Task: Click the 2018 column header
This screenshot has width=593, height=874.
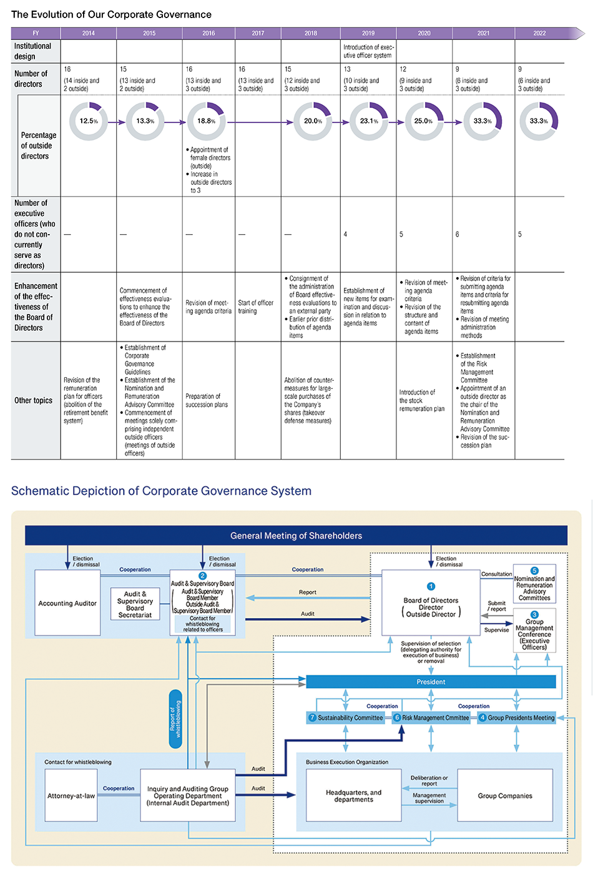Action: pos(311,33)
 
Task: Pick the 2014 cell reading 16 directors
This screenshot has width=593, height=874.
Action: pos(81,79)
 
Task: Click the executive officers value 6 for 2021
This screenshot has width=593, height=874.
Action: pos(457,234)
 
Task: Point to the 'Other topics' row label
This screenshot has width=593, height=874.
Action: pos(33,400)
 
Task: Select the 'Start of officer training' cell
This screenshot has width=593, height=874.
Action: pos(255,307)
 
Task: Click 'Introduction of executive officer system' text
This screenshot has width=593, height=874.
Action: pos(368,51)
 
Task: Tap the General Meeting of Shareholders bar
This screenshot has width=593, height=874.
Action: pos(296,536)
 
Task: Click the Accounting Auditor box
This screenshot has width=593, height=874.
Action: pos(67,603)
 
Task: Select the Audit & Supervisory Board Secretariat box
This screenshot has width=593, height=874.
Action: pos(135,604)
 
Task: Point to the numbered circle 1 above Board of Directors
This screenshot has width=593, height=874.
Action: pos(431,586)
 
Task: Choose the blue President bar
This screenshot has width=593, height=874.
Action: pos(431,682)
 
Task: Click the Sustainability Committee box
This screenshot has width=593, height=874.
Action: pos(345,717)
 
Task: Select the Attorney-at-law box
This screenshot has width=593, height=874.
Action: pos(71,795)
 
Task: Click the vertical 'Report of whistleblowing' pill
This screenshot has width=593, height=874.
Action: pos(175,719)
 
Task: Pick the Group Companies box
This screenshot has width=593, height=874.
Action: pos(505,795)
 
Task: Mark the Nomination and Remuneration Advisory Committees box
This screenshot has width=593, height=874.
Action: pos(534,584)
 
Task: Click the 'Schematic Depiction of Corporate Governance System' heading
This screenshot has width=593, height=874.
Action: pos(161,491)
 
